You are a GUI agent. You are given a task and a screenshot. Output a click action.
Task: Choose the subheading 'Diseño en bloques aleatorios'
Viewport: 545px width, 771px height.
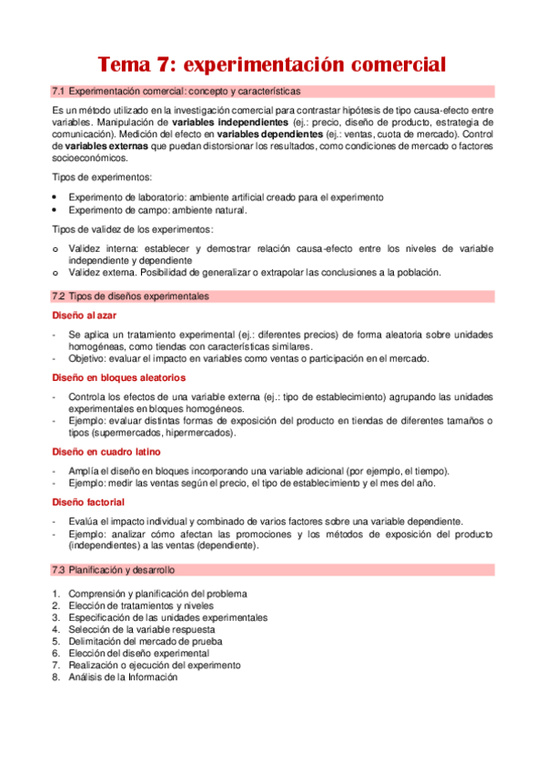[x=118, y=376]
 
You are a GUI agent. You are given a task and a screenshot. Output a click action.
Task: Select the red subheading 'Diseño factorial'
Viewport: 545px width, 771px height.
[x=88, y=502]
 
